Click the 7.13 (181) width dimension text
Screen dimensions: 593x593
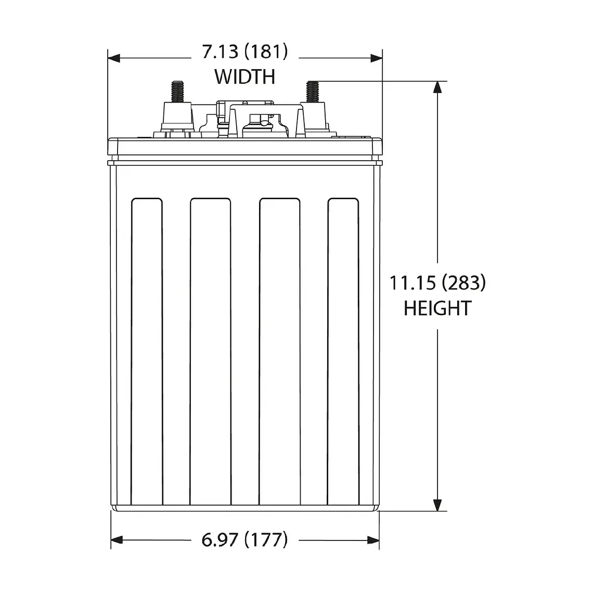(244, 52)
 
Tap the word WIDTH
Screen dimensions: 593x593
(244, 76)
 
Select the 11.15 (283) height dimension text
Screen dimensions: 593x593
(437, 283)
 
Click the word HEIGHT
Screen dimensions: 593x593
(437, 308)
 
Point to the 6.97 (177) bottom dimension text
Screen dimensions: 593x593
(244, 540)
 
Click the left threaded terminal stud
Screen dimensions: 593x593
(177, 91)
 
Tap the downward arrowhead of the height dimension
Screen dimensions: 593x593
(437, 504)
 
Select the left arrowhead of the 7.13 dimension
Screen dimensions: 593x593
(114, 58)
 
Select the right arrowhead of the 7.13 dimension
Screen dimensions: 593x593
(376, 58)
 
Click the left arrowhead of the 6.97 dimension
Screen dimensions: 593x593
(118, 540)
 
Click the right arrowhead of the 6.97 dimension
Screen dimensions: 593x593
(373, 540)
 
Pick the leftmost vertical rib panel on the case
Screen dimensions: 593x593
(147, 351)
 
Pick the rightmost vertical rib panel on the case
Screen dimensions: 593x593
(343, 351)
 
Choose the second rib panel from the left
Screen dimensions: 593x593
(211, 351)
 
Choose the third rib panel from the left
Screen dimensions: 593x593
(279, 351)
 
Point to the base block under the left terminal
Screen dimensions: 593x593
(177, 117)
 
